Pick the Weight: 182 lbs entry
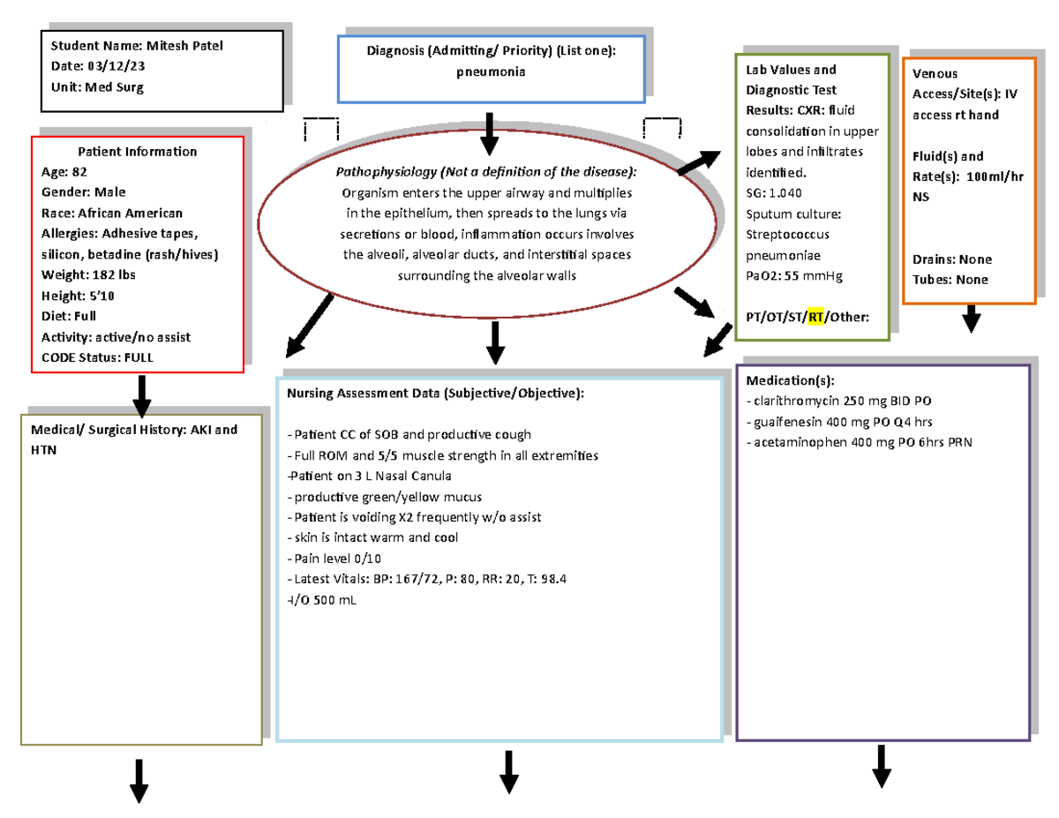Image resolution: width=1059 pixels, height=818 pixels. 88,274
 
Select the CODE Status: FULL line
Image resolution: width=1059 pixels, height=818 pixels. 97,357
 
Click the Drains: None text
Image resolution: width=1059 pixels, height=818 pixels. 952,259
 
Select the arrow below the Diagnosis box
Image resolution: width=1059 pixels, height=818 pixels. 489,132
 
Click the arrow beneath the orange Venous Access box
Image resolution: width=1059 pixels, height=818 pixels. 971,319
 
